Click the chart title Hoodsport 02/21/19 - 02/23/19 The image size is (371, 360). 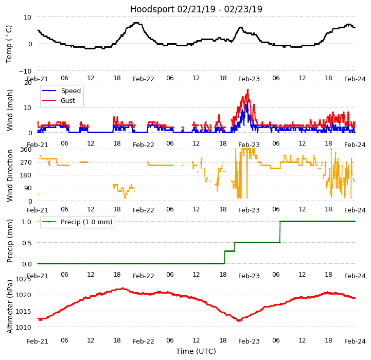pyautogui.click(x=196, y=9)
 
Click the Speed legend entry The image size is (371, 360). pyautogui.click(x=70, y=91)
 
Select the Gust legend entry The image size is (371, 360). pyautogui.click(x=69, y=101)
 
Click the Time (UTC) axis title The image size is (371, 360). pyautogui.click(x=196, y=351)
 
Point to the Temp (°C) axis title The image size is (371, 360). pyautogui.click(x=9, y=44)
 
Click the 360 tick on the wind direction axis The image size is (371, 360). pyautogui.click(x=26, y=150)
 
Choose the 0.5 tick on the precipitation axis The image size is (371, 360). pyautogui.click(x=26, y=243)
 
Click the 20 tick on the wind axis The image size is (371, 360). pyautogui.click(x=28, y=83)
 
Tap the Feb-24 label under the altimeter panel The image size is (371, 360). pyautogui.click(x=355, y=341)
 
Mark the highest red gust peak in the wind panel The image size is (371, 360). pyautogui.click(x=248, y=90)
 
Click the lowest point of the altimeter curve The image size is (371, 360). pyautogui.click(x=239, y=320)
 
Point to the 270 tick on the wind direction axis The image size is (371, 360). pyautogui.click(x=26, y=163)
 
